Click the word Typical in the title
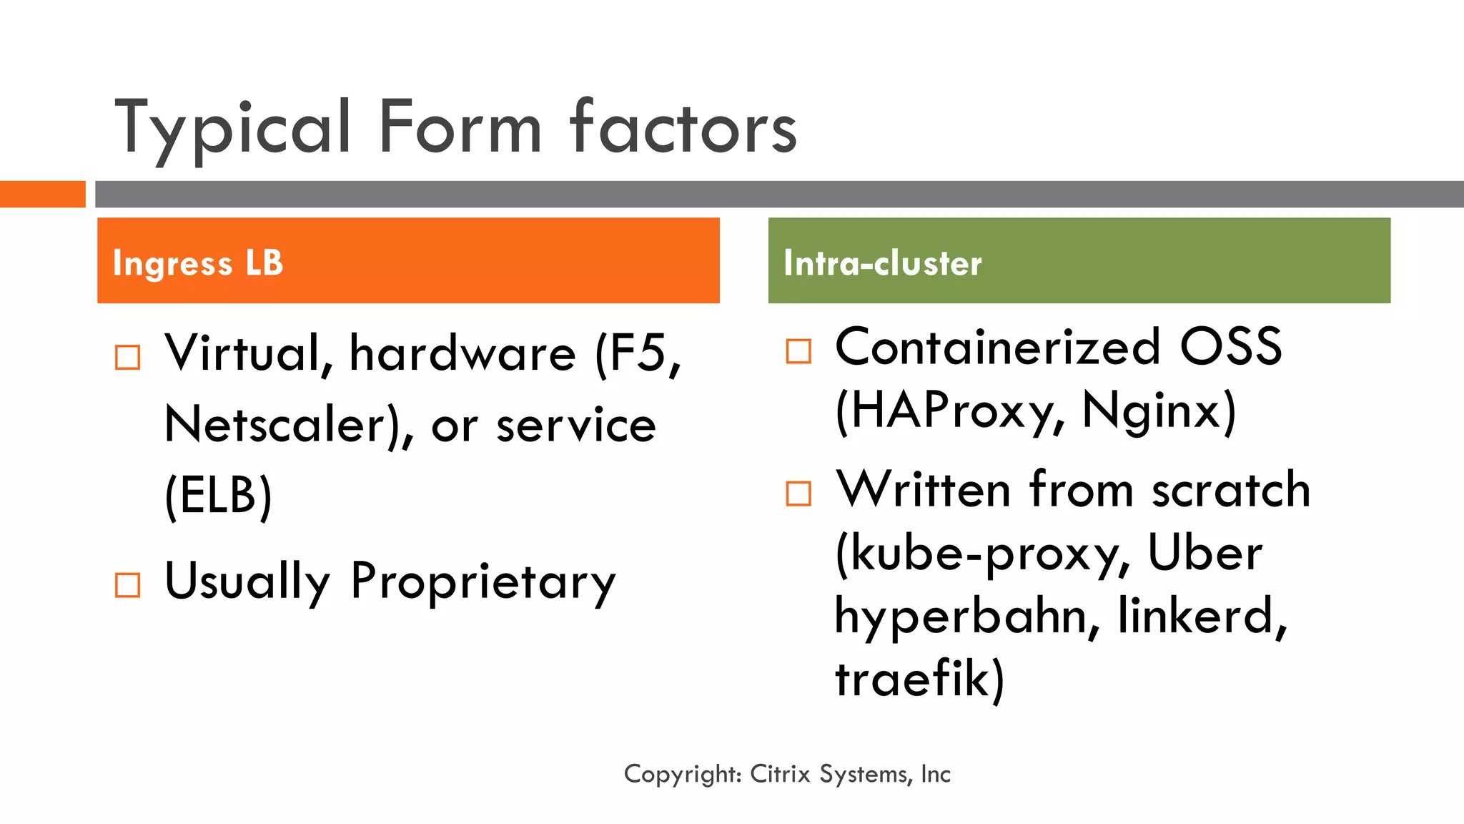point(233,129)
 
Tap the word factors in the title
point(683,129)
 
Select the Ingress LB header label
point(198,263)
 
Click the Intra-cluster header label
point(883,263)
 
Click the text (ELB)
point(219,495)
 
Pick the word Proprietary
point(483,581)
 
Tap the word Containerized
point(998,348)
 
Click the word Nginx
point(1152,411)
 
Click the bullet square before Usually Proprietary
point(128,585)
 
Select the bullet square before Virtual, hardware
point(128,357)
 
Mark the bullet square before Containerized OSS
point(798,351)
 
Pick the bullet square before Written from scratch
point(798,494)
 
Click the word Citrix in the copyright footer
point(780,774)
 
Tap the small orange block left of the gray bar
point(42,194)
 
